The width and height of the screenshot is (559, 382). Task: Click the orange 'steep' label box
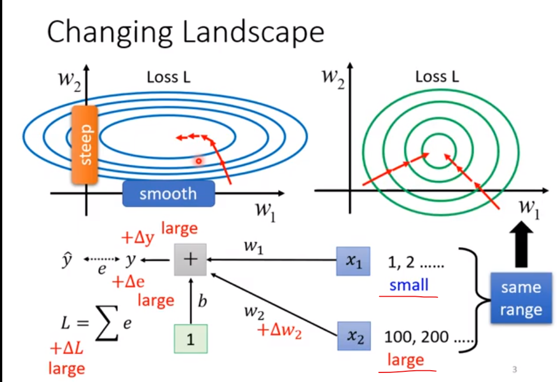(x=86, y=143)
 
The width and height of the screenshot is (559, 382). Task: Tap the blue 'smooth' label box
(x=168, y=194)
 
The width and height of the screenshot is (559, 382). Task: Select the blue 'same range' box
(x=521, y=298)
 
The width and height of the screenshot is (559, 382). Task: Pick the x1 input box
(x=353, y=261)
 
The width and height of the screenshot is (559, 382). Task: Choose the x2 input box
(x=353, y=337)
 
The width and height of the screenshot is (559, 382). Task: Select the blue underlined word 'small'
(x=408, y=284)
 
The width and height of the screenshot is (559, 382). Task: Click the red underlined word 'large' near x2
(x=405, y=359)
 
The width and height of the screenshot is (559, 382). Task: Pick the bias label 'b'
(x=202, y=302)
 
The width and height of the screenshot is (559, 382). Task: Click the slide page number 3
(x=514, y=370)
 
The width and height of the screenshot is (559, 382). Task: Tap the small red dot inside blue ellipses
(x=199, y=161)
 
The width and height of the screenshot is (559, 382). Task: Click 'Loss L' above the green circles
(x=437, y=77)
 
